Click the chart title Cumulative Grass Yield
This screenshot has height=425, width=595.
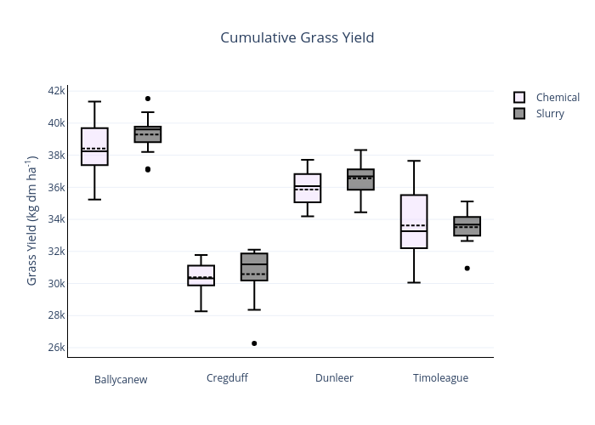pos(297,37)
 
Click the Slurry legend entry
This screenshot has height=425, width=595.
pos(549,114)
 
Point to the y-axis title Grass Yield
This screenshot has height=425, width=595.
pos(32,220)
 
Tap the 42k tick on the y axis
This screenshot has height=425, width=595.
pos(56,91)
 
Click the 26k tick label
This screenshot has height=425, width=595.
pos(56,348)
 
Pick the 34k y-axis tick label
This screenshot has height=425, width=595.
pos(56,219)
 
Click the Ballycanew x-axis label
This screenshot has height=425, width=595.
pos(121,380)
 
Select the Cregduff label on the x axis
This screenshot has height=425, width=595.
pos(227,378)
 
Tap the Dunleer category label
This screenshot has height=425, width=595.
pos(334,378)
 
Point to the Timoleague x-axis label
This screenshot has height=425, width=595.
pos(440,378)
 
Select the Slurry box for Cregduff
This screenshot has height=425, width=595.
pos(254,267)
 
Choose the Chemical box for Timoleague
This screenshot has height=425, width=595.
pos(414,221)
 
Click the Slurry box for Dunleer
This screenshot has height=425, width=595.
pos(360,179)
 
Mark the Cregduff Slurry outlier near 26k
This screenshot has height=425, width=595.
pos(254,343)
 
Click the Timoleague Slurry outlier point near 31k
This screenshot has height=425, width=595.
pos(467,269)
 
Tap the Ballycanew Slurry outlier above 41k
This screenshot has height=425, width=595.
pos(148,99)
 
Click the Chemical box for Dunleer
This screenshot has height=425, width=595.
pos(308,188)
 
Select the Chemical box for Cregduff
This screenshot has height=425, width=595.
pos(201,275)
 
